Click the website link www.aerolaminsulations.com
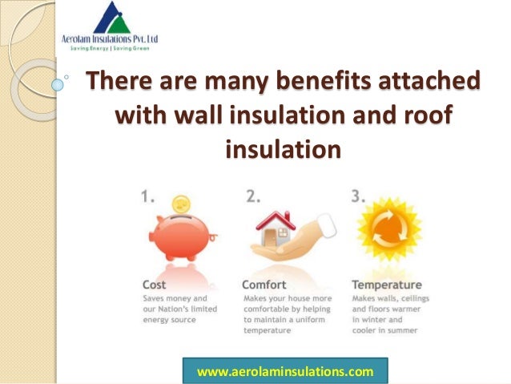click(x=285, y=371)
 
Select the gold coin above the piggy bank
click(x=183, y=204)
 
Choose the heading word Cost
click(x=155, y=284)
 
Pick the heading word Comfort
click(x=265, y=284)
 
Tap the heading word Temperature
click(x=388, y=284)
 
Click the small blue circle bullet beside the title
click(x=58, y=83)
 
